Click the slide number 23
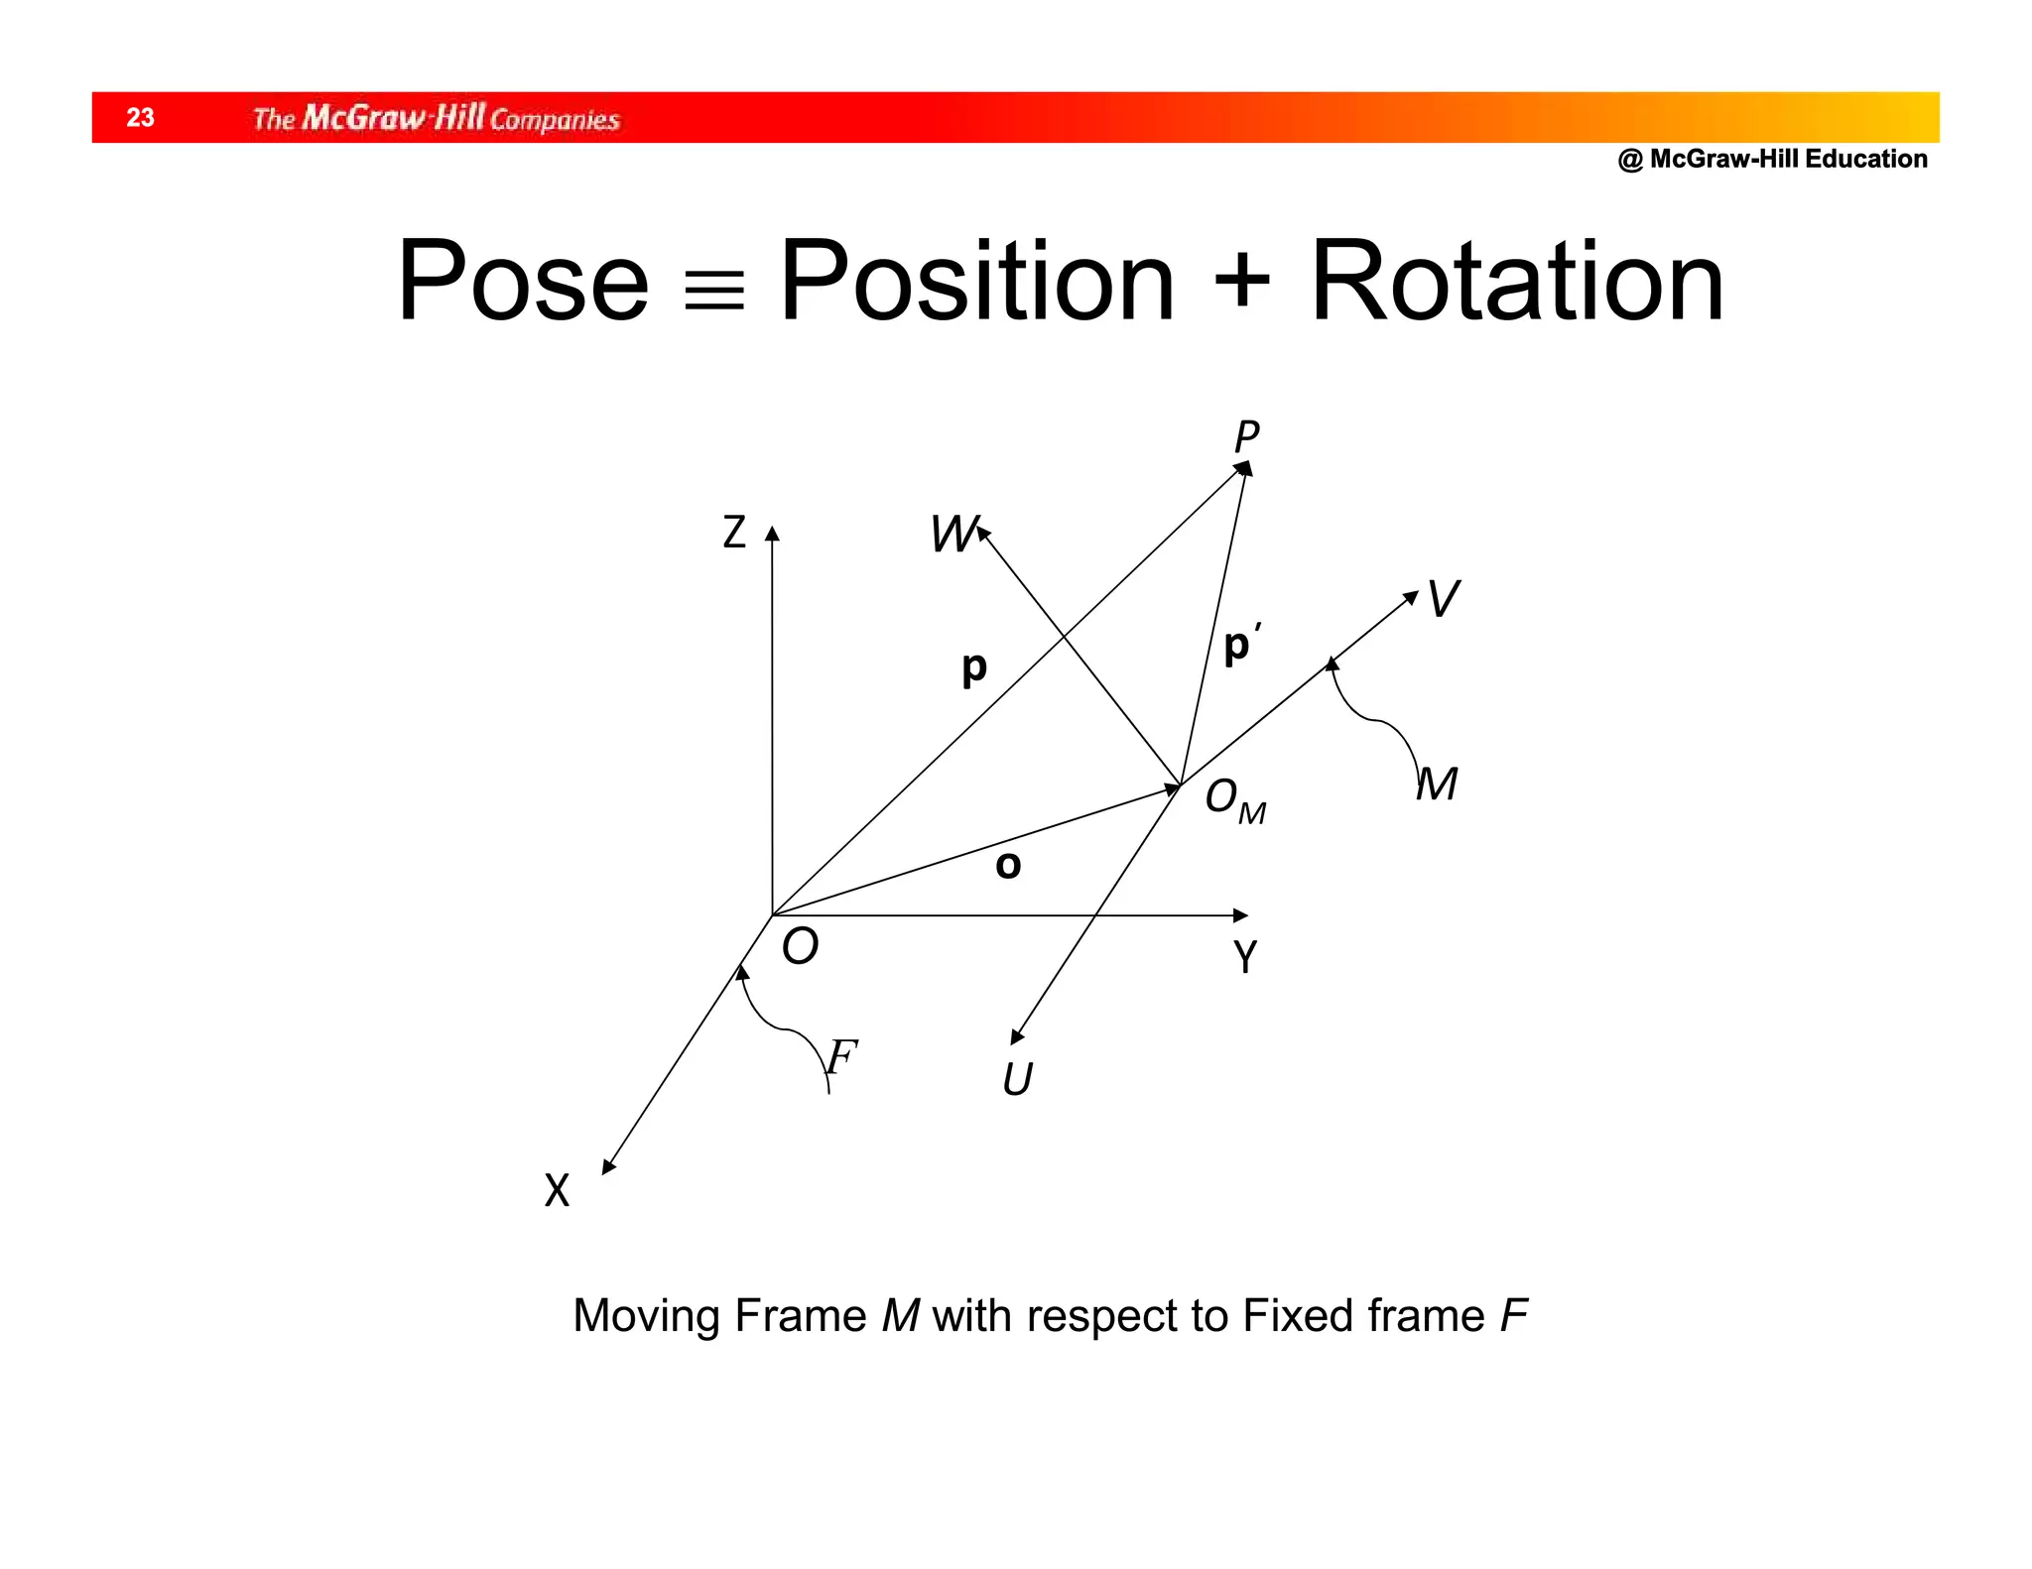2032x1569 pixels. point(140,118)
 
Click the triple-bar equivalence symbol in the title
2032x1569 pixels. point(714,292)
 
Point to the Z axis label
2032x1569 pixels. point(734,533)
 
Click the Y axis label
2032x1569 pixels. point(1245,957)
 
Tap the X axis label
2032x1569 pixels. point(558,1190)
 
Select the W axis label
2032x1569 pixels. point(953,535)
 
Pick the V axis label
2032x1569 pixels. point(1443,600)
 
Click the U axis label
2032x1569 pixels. point(1018,1079)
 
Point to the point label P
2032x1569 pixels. point(1247,436)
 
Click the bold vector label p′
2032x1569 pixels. point(1241,645)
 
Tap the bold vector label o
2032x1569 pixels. point(1008,866)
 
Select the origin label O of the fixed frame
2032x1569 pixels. point(800,946)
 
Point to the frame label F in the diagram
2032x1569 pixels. point(841,1057)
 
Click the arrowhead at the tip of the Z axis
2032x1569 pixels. point(772,534)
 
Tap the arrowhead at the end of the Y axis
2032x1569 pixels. point(1240,914)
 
